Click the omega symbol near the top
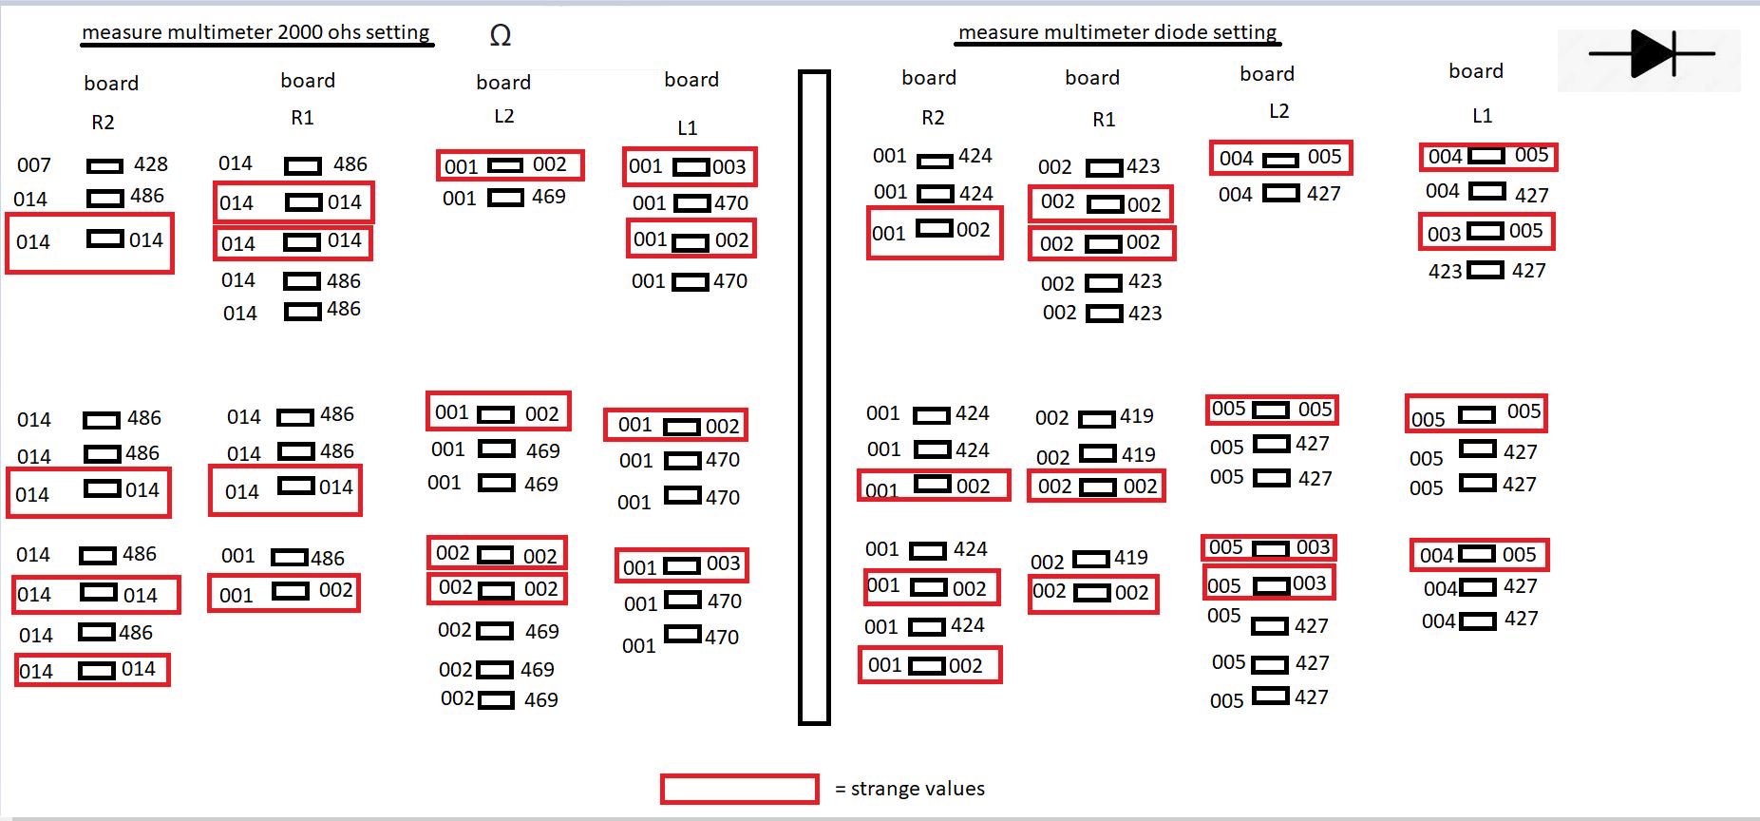pyautogui.click(x=501, y=36)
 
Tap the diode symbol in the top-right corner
pyautogui.click(x=1651, y=53)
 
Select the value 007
pyautogui.click(x=34, y=165)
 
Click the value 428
pyautogui.click(x=151, y=164)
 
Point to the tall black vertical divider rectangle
pyautogui.click(x=814, y=397)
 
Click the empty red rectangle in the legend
pyautogui.click(x=739, y=789)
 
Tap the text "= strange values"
pyautogui.click(x=910, y=789)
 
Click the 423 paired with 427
pyautogui.click(x=1445, y=272)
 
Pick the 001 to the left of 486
pyautogui.click(x=237, y=556)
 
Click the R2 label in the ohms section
pyautogui.click(x=103, y=123)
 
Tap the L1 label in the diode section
pyautogui.click(x=1482, y=116)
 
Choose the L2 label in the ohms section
pyautogui.click(x=503, y=116)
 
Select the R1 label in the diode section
pyautogui.click(x=1104, y=120)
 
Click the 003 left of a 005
pyautogui.click(x=1444, y=234)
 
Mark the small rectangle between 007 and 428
pyautogui.click(x=104, y=166)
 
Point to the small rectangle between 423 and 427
pyautogui.click(x=1486, y=271)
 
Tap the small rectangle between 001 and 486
pyautogui.click(x=289, y=558)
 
